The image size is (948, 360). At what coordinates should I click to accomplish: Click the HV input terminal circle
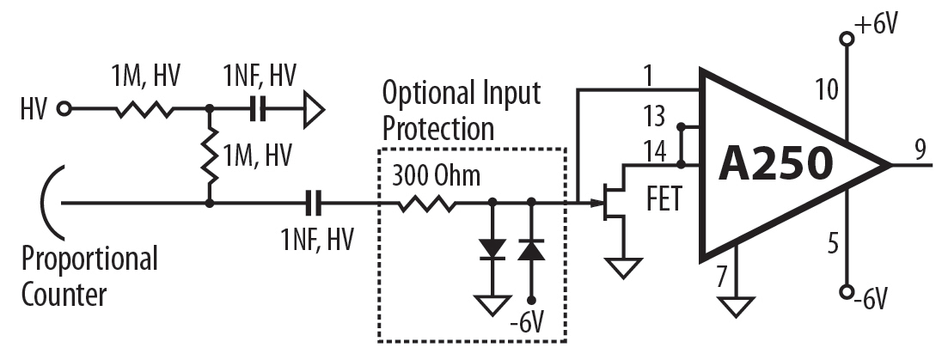coord(63,109)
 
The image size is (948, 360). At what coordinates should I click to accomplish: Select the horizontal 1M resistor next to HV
coord(145,109)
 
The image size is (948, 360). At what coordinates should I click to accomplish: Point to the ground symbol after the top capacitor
coord(315,109)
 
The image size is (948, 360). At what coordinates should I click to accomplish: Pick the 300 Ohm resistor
coord(426,204)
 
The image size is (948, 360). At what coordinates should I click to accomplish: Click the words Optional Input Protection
coord(462,111)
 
